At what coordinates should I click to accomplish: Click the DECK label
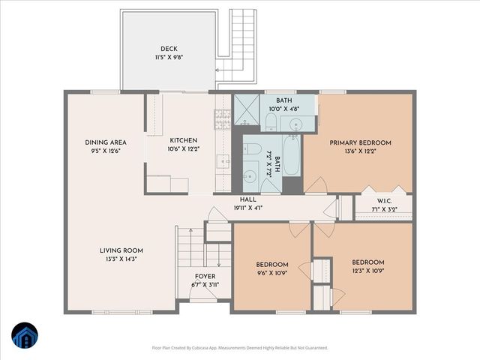168,49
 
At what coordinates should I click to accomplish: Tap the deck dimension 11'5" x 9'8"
168,57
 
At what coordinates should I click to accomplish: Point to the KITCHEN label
183,140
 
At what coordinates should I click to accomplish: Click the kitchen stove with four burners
223,117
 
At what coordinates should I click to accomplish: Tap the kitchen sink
223,160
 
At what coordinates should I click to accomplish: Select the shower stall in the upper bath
245,109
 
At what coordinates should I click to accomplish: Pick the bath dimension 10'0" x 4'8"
284,109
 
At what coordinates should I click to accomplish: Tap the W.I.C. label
384,200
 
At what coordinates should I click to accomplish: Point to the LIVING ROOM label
121,250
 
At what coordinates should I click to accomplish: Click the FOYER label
205,276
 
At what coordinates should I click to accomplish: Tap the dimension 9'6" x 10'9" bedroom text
272,273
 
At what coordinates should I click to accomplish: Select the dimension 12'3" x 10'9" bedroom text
368,271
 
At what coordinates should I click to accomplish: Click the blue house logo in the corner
23,336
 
